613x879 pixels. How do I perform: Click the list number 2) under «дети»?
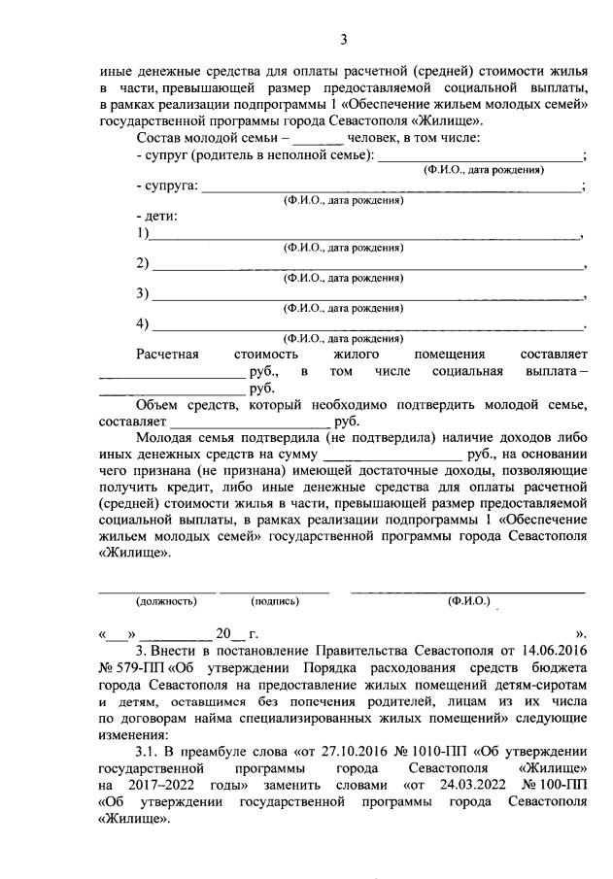click(143, 264)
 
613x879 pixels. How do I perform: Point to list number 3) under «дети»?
click(143, 294)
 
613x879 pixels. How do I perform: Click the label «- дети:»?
click(157, 216)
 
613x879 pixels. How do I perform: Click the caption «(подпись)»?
click(275, 601)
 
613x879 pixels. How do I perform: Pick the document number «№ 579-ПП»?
click(132, 665)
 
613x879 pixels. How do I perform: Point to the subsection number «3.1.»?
click(152, 754)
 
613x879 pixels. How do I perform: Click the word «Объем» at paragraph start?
click(159, 405)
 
